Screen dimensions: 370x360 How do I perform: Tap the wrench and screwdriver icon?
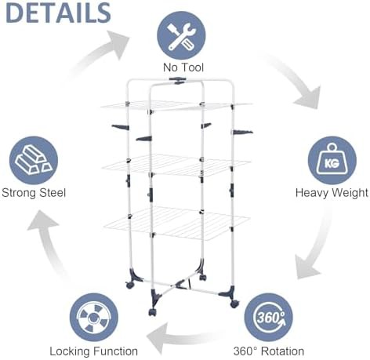[x=181, y=35]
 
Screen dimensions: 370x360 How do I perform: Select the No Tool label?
[x=183, y=67]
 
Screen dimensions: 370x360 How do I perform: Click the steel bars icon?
[x=34, y=160]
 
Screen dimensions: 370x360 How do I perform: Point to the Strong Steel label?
[x=34, y=193]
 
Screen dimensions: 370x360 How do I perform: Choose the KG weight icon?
[x=332, y=160]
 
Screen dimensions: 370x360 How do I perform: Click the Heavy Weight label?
[x=332, y=193]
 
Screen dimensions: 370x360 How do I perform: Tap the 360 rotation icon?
[x=268, y=317]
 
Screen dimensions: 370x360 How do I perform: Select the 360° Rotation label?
[x=269, y=351]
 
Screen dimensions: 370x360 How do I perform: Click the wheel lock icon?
[x=93, y=317]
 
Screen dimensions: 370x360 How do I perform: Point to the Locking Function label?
[x=93, y=351]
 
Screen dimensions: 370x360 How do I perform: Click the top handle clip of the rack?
[x=179, y=81]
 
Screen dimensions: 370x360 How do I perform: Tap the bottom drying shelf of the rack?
[x=177, y=223]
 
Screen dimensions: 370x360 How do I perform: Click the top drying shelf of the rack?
[x=176, y=107]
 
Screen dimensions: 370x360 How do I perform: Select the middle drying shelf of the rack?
[x=176, y=165]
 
